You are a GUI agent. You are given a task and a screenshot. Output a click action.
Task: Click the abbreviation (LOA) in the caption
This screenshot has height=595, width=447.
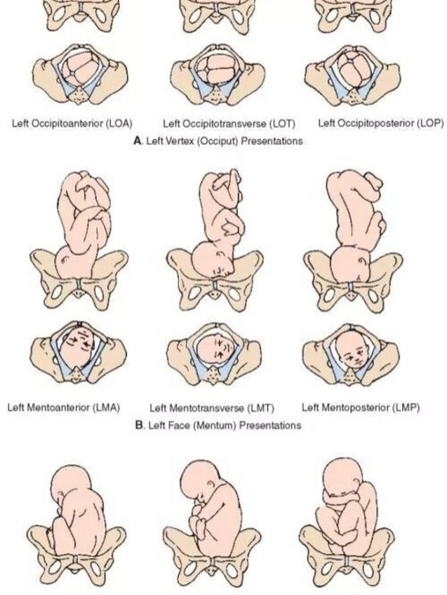click(x=119, y=124)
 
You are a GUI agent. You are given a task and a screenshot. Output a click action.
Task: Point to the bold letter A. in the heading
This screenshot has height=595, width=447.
click(x=137, y=141)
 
